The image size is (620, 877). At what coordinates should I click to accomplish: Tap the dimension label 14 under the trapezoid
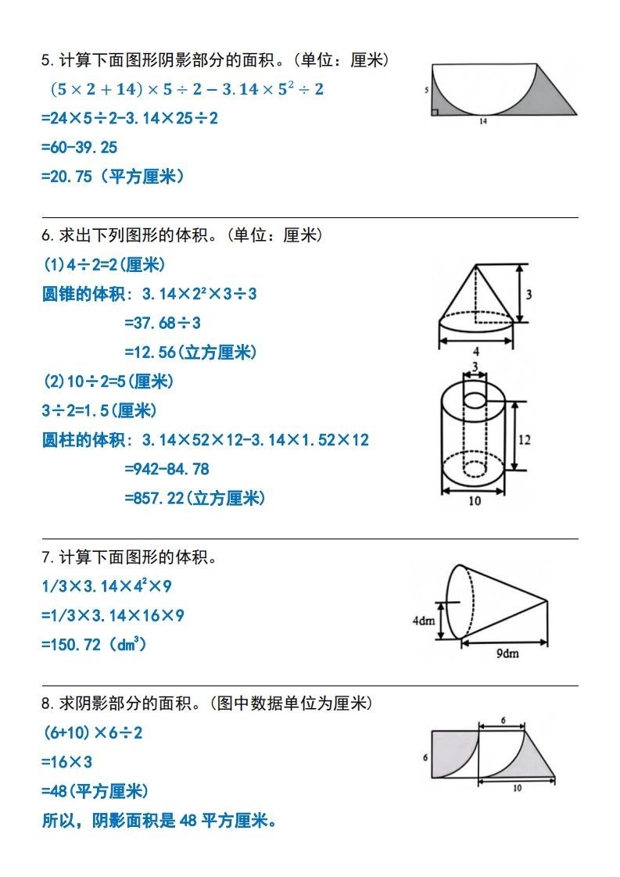click(x=482, y=122)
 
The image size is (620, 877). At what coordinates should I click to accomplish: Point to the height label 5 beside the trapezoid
click(x=426, y=91)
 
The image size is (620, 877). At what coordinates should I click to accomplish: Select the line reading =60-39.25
click(x=79, y=147)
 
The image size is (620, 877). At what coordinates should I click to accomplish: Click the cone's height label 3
click(x=529, y=295)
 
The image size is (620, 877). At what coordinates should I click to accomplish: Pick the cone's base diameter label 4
click(x=476, y=351)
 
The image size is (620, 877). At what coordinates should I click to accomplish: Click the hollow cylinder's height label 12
click(x=524, y=440)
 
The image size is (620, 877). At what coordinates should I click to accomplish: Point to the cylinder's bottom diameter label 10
click(x=475, y=501)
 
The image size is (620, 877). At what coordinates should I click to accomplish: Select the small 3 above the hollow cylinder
click(x=474, y=366)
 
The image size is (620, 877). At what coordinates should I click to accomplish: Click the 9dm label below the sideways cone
click(x=507, y=653)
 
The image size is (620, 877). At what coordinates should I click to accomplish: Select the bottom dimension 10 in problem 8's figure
click(x=517, y=789)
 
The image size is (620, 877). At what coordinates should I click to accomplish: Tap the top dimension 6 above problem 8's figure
click(x=503, y=719)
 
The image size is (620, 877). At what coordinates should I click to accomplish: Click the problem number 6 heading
click(x=47, y=235)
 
